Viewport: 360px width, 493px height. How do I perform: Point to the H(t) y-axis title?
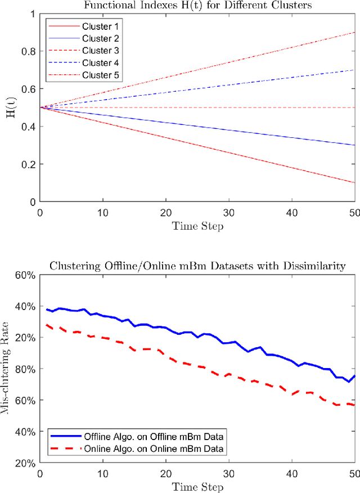10,107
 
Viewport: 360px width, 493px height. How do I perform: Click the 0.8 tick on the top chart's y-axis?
28,51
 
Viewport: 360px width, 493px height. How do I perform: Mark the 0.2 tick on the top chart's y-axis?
28,164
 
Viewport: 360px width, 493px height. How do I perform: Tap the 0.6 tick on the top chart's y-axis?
28,89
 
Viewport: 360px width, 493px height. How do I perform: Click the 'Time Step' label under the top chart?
197,226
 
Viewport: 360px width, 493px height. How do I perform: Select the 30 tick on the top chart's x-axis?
228,213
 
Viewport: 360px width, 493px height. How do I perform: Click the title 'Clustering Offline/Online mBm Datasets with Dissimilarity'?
197,266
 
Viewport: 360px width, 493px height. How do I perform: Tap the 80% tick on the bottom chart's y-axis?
26,369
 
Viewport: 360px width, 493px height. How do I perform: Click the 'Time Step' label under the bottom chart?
197,486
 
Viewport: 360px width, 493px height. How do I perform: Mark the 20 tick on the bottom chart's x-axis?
165,474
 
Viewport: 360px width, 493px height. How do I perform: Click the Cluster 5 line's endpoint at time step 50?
354,33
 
